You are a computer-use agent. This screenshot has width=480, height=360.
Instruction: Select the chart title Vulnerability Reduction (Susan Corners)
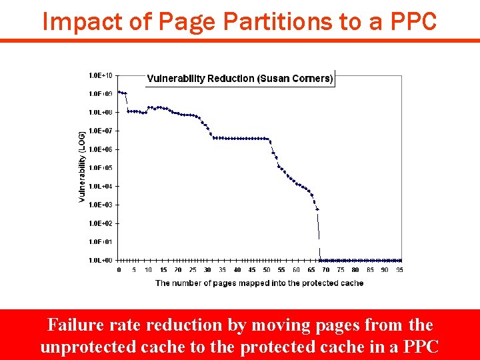point(239,79)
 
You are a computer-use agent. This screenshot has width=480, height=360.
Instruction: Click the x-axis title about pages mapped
point(259,283)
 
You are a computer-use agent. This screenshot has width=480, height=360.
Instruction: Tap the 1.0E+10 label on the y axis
point(101,75)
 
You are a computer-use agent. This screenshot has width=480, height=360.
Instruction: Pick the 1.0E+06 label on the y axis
point(101,149)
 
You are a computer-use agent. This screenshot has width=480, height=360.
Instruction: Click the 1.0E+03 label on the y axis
point(101,205)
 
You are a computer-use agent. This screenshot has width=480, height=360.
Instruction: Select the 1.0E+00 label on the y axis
point(101,260)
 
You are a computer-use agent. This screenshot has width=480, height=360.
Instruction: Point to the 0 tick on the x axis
point(119,270)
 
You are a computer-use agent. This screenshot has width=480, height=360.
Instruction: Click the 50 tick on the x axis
point(267,270)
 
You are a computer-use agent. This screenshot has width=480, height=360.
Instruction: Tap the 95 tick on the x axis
point(399,270)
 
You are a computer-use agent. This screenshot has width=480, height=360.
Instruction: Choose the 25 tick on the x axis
point(193,270)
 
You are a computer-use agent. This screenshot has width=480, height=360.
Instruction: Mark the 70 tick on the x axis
point(326,270)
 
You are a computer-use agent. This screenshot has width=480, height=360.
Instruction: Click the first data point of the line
point(119,92)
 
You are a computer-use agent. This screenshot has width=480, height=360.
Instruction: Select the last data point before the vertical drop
point(317,209)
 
